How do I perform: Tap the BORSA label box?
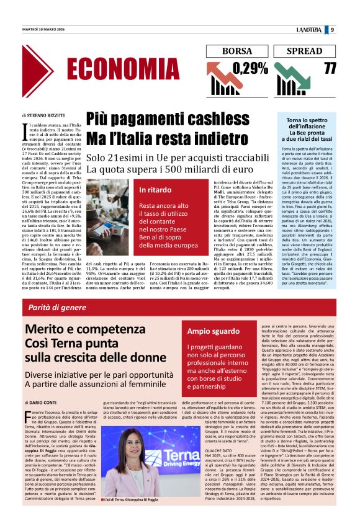click(x=236, y=51)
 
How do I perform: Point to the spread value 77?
click(x=329, y=67)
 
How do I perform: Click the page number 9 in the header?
click(x=332, y=29)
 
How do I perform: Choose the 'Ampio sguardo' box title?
click(x=214, y=332)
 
